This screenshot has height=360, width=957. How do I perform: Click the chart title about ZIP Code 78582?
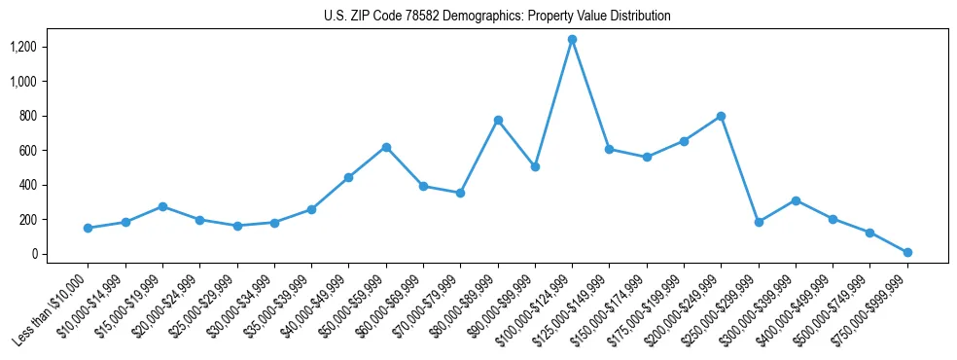click(x=497, y=17)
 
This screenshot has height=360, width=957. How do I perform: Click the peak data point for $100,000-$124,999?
click(x=572, y=40)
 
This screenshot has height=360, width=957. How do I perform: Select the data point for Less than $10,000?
click(x=88, y=228)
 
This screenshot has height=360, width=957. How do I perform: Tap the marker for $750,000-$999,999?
click(x=907, y=252)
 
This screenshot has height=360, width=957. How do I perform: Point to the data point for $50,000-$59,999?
click(x=386, y=147)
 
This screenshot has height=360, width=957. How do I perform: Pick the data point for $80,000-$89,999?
click(x=498, y=120)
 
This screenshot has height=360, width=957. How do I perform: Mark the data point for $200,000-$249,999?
click(x=721, y=116)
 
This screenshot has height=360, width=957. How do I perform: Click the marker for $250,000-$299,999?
click(x=759, y=222)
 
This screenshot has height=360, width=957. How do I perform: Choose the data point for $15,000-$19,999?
click(x=162, y=206)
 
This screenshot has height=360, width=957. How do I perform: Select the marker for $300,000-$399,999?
click(x=796, y=200)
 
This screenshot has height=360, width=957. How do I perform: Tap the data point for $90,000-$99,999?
click(x=535, y=166)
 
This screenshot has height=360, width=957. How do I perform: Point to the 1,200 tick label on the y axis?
click(x=22, y=47)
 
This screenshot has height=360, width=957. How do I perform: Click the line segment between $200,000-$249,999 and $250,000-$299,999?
click(x=739, y=169)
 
